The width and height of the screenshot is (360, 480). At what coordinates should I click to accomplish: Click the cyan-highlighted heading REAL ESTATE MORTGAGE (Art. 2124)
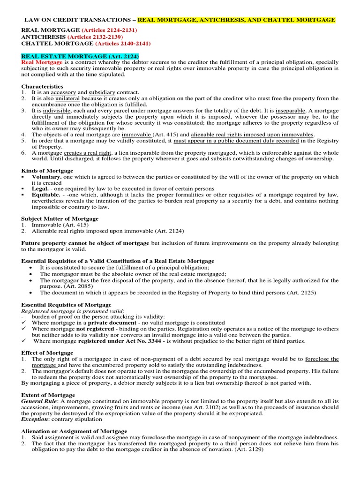pos(80,56)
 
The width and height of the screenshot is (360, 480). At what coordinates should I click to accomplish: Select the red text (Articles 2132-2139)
pos(95,37)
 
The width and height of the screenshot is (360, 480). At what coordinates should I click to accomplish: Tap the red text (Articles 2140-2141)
pos(123,44)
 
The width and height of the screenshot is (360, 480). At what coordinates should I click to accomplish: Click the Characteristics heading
pos(42,86)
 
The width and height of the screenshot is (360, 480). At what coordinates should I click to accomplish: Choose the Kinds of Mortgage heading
pos(47,171)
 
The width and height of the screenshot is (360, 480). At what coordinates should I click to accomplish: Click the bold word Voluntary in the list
pos(46,177)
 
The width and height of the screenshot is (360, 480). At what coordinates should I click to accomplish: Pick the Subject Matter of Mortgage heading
pos(60,218)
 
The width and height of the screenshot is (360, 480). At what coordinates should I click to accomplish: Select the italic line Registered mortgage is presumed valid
pos(73,311)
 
